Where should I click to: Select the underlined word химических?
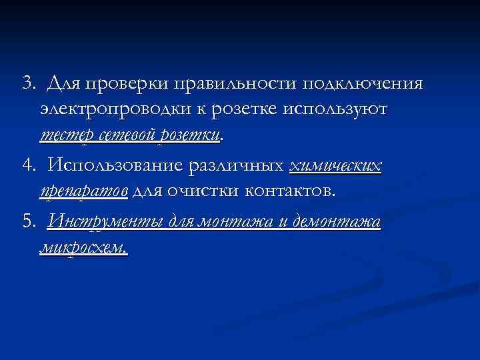coord(336,166)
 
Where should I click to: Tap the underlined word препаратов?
coord(84,191)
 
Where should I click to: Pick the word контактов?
coord(291,191)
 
